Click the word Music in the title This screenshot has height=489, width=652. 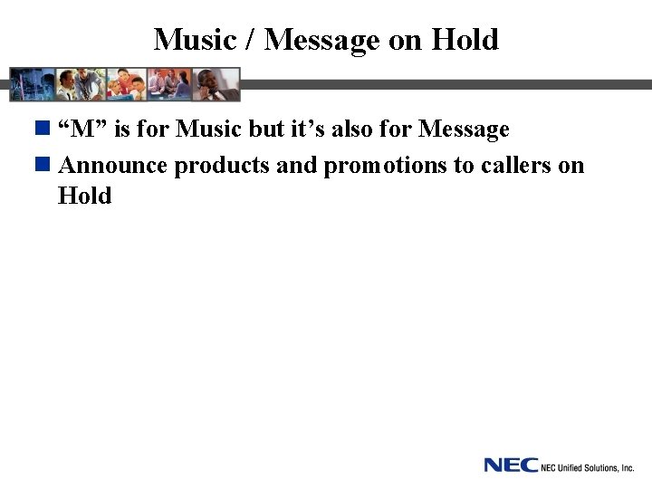click(191, 40)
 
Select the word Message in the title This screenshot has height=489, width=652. click(322, 41)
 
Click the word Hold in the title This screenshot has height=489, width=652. click(465, 40)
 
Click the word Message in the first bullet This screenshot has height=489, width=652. click(464, 130)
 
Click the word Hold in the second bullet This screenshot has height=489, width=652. click(84, 196)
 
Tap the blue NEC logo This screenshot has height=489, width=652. click(510, 465)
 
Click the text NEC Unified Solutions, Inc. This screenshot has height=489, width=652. click(587, 467)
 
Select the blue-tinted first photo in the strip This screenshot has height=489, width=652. click(32, 84)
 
